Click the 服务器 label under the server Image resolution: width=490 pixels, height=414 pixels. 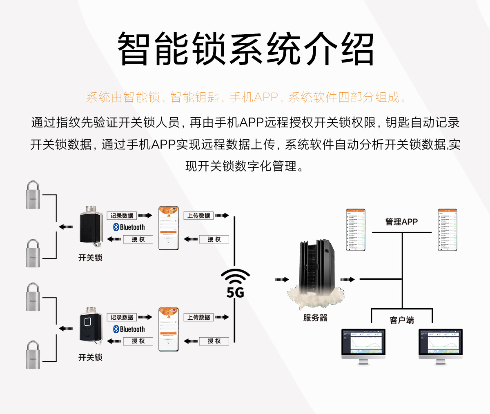315,318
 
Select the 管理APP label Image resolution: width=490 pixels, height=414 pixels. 401,222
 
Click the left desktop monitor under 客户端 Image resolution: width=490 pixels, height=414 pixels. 363,345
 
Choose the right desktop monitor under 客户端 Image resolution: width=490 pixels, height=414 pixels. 440,345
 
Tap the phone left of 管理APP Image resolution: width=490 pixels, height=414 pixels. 355,230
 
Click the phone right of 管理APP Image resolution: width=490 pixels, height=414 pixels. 447,230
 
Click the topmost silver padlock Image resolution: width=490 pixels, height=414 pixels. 33,195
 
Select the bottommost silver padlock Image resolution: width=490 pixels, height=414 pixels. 33,355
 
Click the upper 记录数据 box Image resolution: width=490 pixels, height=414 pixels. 122,216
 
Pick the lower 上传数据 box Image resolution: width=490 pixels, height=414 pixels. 199,317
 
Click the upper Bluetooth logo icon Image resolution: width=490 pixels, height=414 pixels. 116,227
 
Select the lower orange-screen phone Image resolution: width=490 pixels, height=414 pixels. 169,329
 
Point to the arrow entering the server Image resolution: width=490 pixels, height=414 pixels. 282,280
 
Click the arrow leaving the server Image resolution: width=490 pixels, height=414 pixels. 347,280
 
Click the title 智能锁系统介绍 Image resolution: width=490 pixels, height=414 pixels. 245,49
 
